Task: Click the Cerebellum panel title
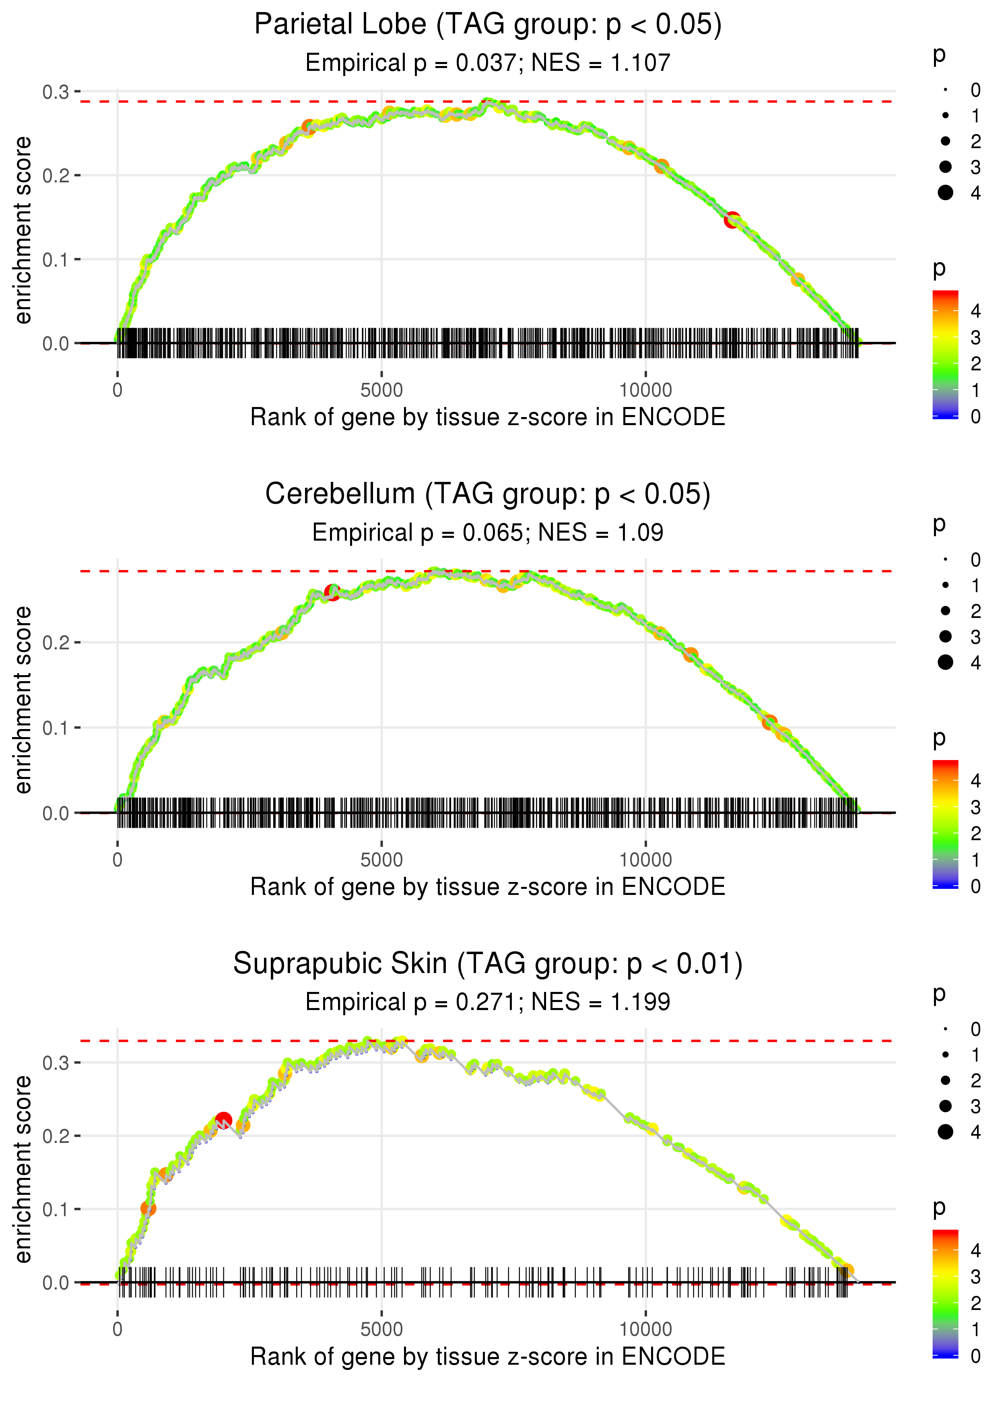click(488, 494)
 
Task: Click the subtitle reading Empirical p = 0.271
click(488, 1002)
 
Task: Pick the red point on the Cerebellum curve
click(332, 592)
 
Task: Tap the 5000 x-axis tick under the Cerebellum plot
click(381, 860)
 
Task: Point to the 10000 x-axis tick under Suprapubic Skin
click(645, 1330)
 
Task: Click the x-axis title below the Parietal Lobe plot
click(488, 417)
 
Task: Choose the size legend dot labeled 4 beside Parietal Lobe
click(945, 193)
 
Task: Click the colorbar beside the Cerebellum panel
click(945, 824)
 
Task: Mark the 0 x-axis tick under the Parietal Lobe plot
click(118, 390)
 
